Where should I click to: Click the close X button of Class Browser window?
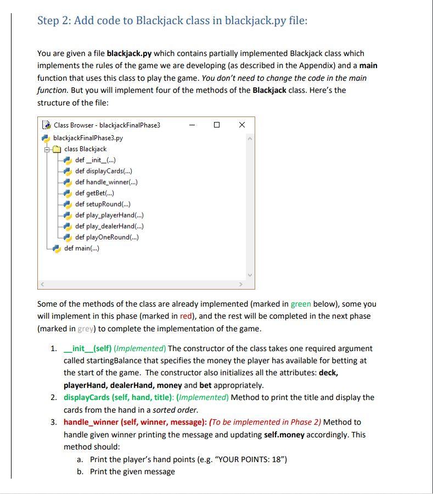pos(242,125)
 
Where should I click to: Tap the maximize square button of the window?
pos(217,125)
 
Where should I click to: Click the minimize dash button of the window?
pos(192,125)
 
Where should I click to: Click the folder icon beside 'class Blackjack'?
pos(57,149)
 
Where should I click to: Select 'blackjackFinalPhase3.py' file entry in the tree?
pos(88,137)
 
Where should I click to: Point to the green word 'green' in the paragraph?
pos(300,304)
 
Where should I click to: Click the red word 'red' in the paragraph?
pos(186,316)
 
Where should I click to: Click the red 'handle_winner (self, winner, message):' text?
pos(135,422)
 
